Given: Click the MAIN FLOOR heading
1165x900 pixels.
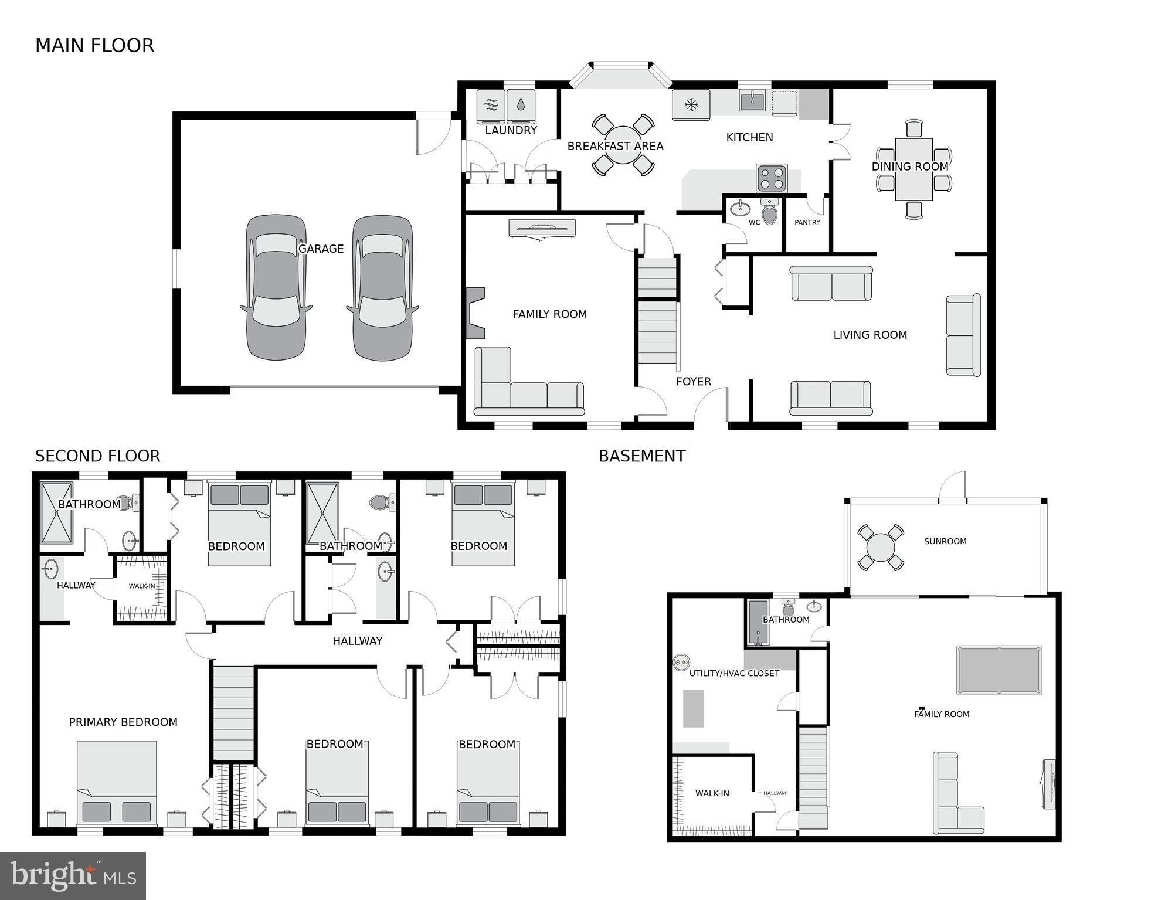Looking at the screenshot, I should (94, 46).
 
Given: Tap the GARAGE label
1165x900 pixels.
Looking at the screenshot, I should (321, 249).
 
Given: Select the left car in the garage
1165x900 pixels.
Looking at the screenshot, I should (276, 287).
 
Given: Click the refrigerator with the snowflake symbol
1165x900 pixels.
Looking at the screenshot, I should (691, 105).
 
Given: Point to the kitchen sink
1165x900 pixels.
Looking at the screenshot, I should (752, 101).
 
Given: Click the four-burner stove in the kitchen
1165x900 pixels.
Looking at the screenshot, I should (771, 178).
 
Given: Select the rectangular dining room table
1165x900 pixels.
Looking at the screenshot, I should (913, 169).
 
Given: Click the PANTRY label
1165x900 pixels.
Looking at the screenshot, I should (807, 222).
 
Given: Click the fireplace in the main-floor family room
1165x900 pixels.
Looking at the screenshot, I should (475, 313).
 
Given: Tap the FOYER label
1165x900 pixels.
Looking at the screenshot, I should (693, 382).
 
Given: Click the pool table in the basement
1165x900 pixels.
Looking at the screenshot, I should (999, 670).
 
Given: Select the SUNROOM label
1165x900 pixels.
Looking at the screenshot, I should (945, 541).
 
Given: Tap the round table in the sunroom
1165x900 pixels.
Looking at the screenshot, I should (881, 548).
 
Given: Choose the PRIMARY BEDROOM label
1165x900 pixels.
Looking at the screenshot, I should (123, 722).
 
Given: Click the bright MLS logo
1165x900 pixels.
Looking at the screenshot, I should (73, 876).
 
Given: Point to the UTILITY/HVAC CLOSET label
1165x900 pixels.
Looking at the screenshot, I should (734, 673).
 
